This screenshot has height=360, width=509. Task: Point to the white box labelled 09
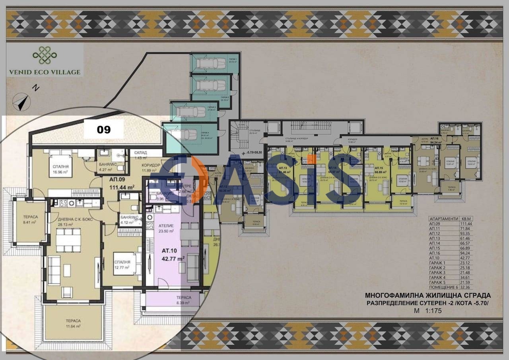pyautogui.click(x=104, y=129)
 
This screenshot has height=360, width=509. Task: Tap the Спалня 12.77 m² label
pyautogui.click(x=122, y=265)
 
